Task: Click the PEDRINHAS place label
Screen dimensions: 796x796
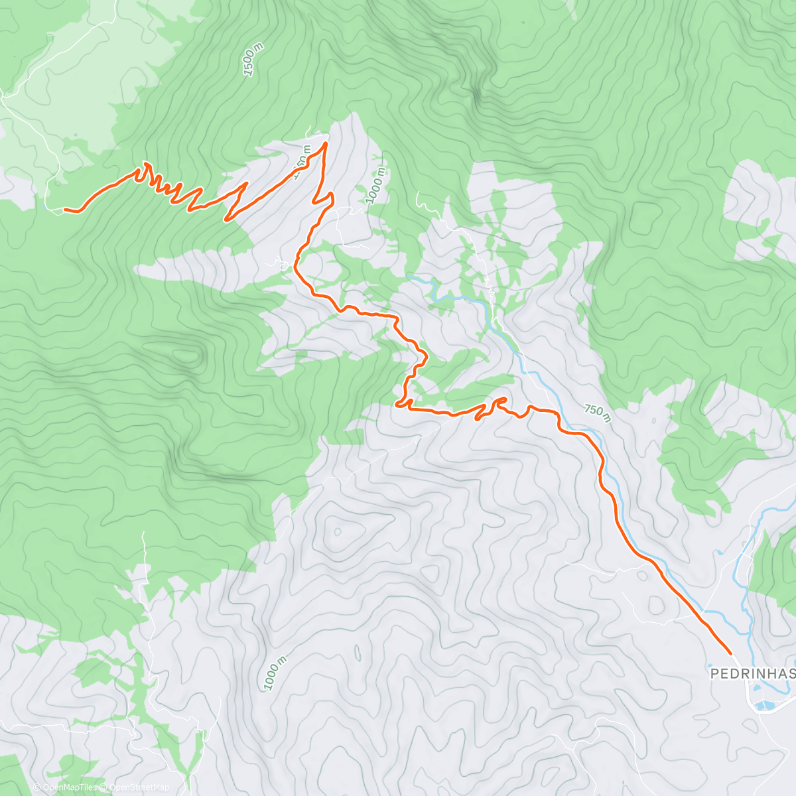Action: [752, 674]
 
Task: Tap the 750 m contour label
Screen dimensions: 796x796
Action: [598, 411]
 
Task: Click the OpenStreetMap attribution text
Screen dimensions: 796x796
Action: [139, 787]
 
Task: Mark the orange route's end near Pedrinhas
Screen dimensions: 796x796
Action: [730, 653]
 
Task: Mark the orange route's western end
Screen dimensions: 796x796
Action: [64, 210]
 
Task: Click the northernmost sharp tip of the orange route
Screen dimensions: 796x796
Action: [325, 142]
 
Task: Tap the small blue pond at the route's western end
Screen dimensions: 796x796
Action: [44, 206]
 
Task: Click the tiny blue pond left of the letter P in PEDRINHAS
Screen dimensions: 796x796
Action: [709, 665]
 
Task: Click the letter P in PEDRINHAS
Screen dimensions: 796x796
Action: [715, 674]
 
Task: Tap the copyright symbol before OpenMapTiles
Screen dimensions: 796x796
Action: [37, 787]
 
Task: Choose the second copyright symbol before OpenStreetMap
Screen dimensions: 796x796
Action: [105, 787]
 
